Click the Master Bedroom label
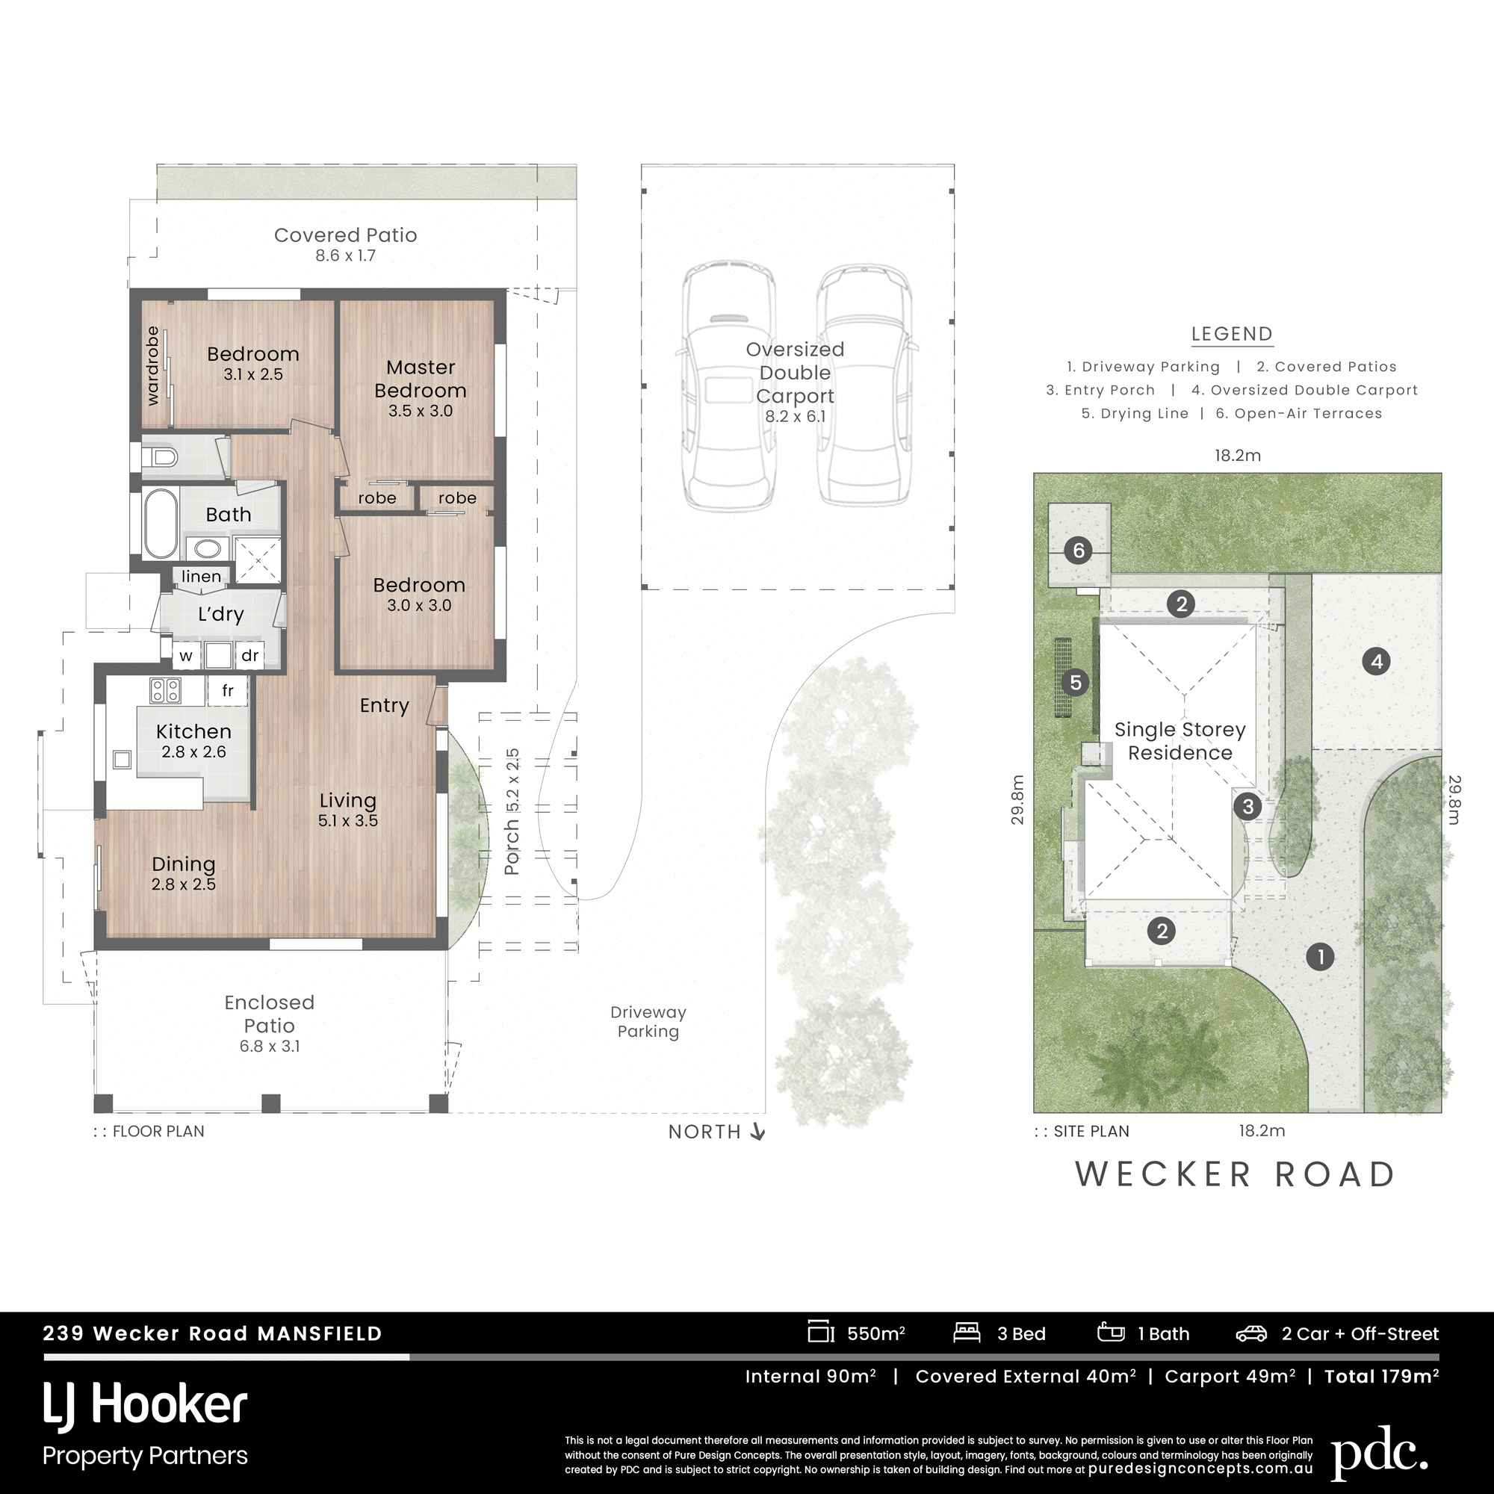point(420,378)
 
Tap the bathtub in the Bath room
point(161,524)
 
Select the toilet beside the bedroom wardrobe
point(159,457)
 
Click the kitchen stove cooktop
point(166,689)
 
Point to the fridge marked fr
point(227,690)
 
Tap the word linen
point(201,576)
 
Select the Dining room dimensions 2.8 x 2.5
point(183,884)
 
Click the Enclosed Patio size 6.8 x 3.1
point(269,1046)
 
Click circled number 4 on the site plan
point(1377,661)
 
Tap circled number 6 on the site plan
point(1078,551)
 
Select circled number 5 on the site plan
point(1075,682)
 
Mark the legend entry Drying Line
point(1135,414)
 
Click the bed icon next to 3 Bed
point(967,1333)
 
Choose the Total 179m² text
point(1381,1377)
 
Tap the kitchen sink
point(123,759)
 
